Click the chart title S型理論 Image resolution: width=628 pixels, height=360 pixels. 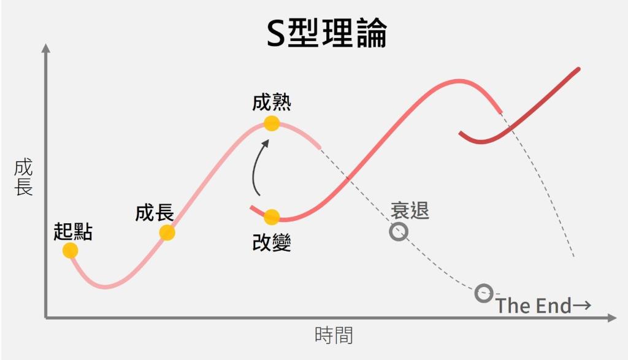click(327, 34)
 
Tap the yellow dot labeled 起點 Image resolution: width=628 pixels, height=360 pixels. click(70, 250)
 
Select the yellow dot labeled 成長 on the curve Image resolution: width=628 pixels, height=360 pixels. click(167, 232)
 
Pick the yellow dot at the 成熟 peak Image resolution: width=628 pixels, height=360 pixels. click(272, 123)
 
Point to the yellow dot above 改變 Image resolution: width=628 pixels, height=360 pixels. click(272, 216)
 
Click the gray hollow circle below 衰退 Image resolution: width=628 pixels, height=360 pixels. click(399, 232)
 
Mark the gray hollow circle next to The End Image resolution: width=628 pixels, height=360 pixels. click(484, 293)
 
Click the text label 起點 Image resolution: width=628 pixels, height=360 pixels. click(72, 231)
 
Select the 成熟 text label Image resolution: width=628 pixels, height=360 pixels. click(272, 102)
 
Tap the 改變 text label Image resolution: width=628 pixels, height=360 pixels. click(272, 243)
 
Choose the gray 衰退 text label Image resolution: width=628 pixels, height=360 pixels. click(410, 210)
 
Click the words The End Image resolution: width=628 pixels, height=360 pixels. click(534, 305)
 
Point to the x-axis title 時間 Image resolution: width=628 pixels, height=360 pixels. click(334, 335)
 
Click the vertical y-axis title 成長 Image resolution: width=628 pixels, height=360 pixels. click(23, 178)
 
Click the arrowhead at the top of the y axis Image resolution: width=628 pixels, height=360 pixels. click(45, 48)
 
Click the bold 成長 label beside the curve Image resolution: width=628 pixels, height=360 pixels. click(155, 213)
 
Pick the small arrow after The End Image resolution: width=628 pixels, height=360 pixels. click(583, 305)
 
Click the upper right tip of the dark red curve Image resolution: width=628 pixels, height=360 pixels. click(578, 69)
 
